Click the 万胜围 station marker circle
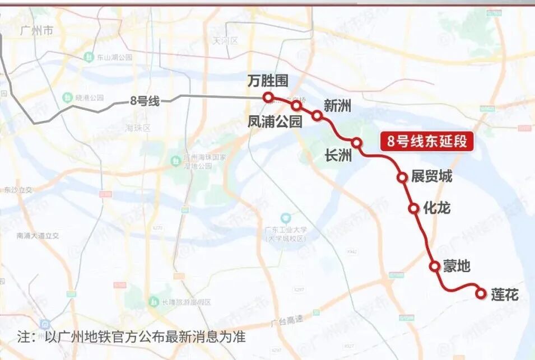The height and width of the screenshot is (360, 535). click(268, 97)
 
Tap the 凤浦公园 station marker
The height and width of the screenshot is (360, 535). click(296, 105)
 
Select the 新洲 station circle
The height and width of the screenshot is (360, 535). click(317, 116)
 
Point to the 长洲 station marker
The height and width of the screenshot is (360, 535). click(356, 142)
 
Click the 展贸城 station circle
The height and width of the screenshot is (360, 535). click(402, 177)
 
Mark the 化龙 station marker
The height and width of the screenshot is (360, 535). click(414, 208)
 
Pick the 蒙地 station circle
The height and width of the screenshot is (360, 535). click(435, 266)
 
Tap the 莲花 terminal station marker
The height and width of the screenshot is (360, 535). click(480, 293)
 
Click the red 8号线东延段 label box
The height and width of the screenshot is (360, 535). click(427, 141)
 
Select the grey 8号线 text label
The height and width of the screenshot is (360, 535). click(145, 101)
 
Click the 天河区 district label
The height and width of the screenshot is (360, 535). click(226, 41)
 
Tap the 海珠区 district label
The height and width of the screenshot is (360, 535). click(138, 128)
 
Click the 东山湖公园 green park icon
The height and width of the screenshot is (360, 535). click(89, 57)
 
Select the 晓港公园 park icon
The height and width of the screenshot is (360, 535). click(67, 97)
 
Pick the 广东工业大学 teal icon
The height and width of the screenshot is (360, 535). click(286, 217)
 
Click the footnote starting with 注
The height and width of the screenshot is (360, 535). click(132, 338)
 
